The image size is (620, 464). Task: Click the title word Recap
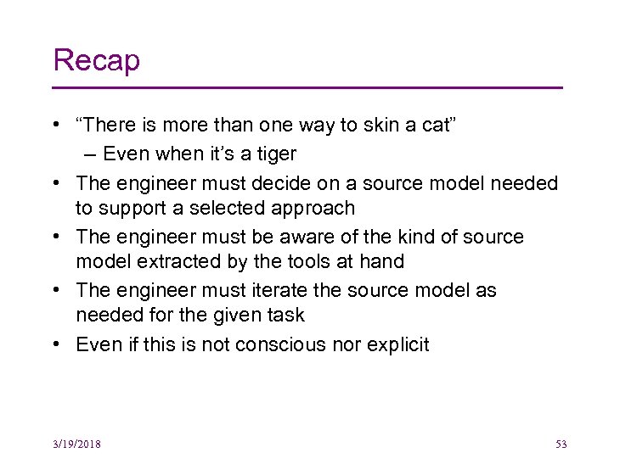tap(96, 61)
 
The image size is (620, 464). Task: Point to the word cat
tap(437, 126)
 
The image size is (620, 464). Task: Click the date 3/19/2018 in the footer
tap(76, 444)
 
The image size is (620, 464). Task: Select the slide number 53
tap(561, 444)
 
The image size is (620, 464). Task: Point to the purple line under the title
tap(307, 87)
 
